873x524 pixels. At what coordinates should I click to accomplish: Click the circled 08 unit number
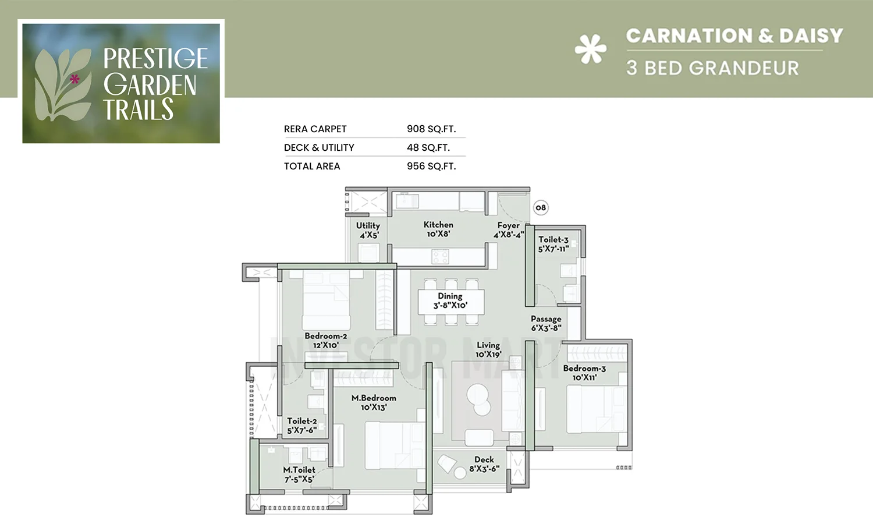(541, 208)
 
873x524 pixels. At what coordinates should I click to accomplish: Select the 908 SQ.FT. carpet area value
(431, 129)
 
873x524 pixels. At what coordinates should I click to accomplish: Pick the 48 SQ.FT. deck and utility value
(428, 147)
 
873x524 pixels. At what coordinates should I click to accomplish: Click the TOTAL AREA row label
(312, 166)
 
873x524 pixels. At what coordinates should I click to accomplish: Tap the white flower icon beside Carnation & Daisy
(590, 49)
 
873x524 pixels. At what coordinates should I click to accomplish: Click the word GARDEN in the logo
(150, 85)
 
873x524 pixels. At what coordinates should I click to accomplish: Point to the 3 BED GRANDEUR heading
(712, 68)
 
